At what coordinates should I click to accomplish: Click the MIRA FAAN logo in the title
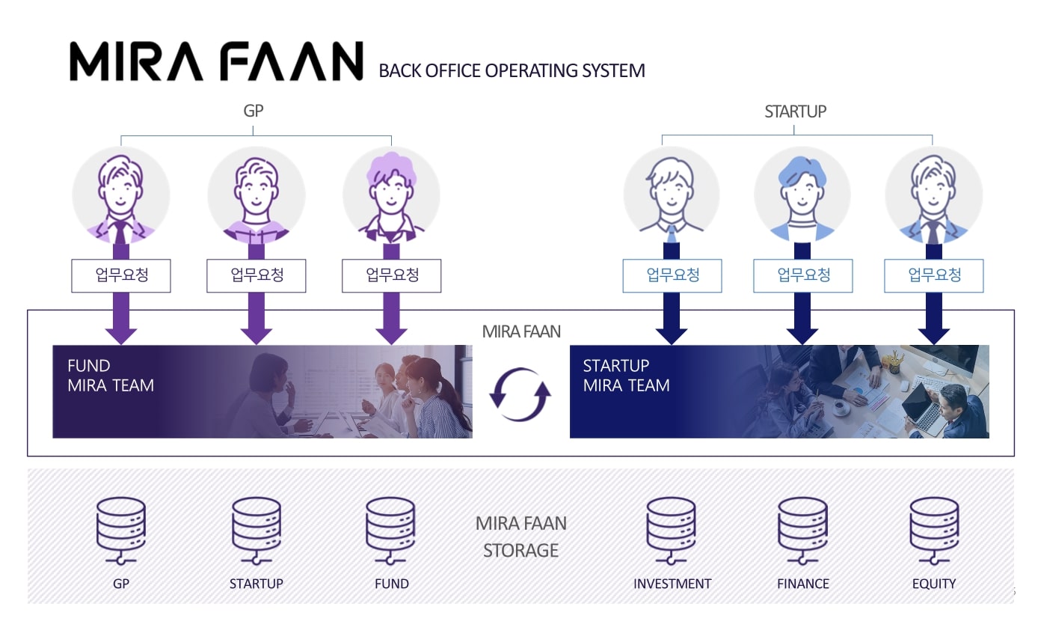coord(216,61)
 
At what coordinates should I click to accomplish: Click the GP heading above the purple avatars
coord(254,111)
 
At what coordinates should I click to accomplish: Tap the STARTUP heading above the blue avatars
coord(795,111)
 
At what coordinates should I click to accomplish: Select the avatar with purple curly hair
coord(391,195)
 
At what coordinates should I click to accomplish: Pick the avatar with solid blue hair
coord(802,195)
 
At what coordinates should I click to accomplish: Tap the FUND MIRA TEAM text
coord(111,376)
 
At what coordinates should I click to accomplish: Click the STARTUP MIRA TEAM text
coord(626,376)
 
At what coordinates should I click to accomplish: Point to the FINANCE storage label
coord(803,584)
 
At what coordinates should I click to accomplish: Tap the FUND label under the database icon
coord(392,584)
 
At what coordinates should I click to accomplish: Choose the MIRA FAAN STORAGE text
coord(521,536)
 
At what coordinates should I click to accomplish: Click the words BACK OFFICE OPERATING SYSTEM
coord(512,71)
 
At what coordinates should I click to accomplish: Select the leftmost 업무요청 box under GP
coord(121,275)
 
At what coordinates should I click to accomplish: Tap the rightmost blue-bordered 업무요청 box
coord(934,275)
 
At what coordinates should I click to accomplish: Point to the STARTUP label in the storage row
coord(257,584)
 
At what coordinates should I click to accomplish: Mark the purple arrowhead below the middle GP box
coord(257,334)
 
